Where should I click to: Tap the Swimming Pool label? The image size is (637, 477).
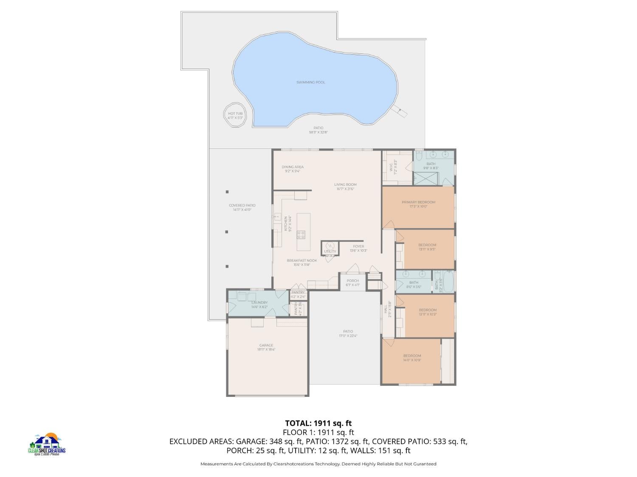click(x=310, y=82)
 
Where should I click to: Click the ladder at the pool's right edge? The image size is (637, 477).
click(x=399, y=111)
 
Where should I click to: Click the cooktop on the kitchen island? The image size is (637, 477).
click(x=301, y=234)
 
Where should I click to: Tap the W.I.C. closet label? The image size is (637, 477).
click(x=391, y=167)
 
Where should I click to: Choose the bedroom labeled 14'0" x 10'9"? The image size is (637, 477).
click(x=412, y=358)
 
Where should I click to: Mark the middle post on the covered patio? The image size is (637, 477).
click(x=227, y=232)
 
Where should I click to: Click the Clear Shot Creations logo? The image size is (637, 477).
click(x=47, y=444)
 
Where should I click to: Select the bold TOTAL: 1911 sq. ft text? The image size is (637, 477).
click(x=318, y=423)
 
